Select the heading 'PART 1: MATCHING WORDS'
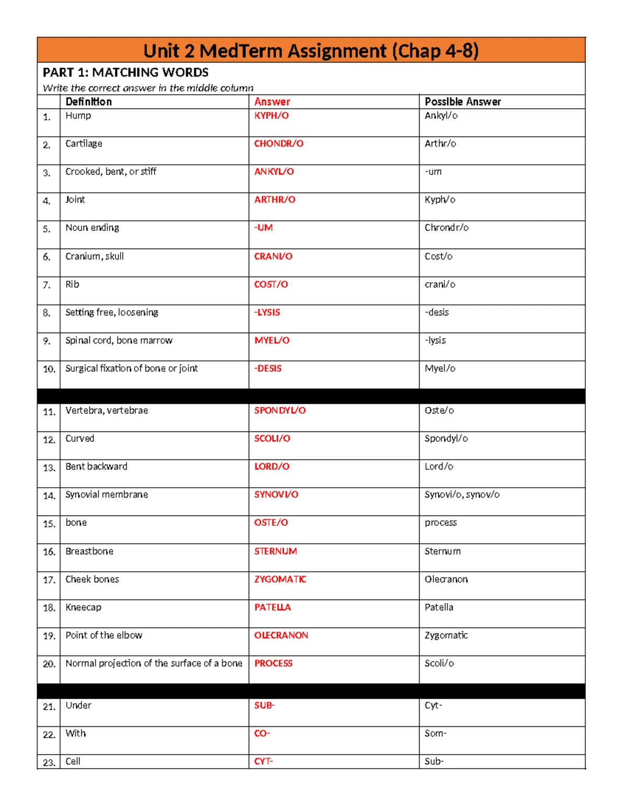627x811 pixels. click(125, 73)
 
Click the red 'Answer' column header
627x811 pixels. click(272, 102)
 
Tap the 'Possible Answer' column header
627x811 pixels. click(462, 102)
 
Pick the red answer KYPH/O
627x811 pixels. click(271, 115)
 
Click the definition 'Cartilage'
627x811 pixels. click(84, 144)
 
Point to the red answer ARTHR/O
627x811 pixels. click(274, 199)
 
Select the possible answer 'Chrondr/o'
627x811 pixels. click(446, 228)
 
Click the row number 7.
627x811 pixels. click(47, 285)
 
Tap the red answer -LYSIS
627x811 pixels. click(267, 312)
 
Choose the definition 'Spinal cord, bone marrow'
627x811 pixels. click(119, 340)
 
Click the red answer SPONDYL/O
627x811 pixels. click(280, 410)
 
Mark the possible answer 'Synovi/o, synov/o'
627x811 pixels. click(462, 495)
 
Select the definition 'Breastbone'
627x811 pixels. click(89, 551)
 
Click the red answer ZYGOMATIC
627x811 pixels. click(280, 579)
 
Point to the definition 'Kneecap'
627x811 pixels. click(83, 607)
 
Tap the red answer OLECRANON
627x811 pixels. click(281, 636)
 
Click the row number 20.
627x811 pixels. click(49, 664)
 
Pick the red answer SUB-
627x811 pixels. click(264, 706)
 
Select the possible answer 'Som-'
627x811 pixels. click(435, 734)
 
